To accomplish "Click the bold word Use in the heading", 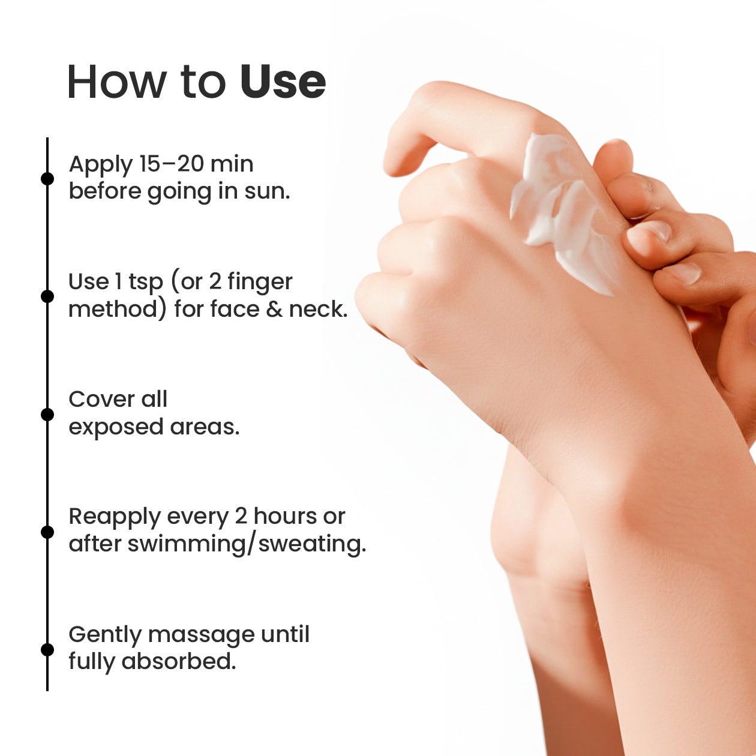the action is tap(283, 82).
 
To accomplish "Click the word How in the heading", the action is tap(117, 82).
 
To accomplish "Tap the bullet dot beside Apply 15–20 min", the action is tap(47, 179).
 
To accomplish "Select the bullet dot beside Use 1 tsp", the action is tap(47, 296).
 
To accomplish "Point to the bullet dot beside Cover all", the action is tap(47, 414).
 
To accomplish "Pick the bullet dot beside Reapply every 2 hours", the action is tap(47, 532).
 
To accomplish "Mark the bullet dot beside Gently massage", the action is tap(47, 650).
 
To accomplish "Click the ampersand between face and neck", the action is tap(274, 309).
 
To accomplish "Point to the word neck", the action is tap(318, 309).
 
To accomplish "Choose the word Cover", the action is tap(101, 400).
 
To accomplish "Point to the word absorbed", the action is tap(179, 662).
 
